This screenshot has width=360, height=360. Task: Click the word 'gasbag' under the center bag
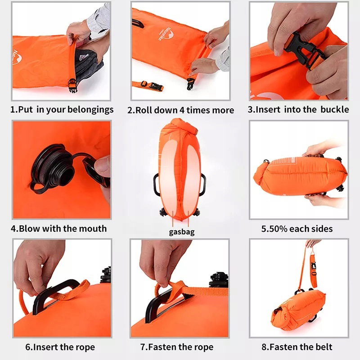pyautogui.click(x=182, y=232)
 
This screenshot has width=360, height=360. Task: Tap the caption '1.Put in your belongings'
pyautogui.click(x=62, y=109)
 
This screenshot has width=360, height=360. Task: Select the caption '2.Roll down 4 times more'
pyautogui.click(x=181, y=110)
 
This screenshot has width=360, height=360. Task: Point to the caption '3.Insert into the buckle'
pyautogui.click(x=298, y=109)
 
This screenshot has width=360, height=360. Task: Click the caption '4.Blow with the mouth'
pyautogui.click(x=59, y=229)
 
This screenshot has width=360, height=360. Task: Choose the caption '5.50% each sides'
pyautogui.click(x=297, y=229)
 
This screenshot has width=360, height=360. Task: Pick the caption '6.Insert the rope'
pyautogui.click(x=60, y=347)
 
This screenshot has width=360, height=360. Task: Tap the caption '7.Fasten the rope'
pyautogui.click(x=177, y=347)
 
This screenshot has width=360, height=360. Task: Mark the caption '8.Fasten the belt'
pyautogui.click(x=297, y=347)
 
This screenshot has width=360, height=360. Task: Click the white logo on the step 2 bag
pyautogui.click(x=166, y=34)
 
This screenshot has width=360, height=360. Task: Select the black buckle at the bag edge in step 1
pyautogui.click(x=73, y=85)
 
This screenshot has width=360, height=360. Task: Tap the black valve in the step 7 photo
pyautogui.click(x=219, y=279)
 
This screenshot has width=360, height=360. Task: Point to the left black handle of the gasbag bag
pyautogui.click(x=157, y=185)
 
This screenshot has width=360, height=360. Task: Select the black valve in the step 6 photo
pyautogui.click(x=106, y=275)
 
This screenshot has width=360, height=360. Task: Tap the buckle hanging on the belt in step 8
pyautogui.click(x=313, y=268)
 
